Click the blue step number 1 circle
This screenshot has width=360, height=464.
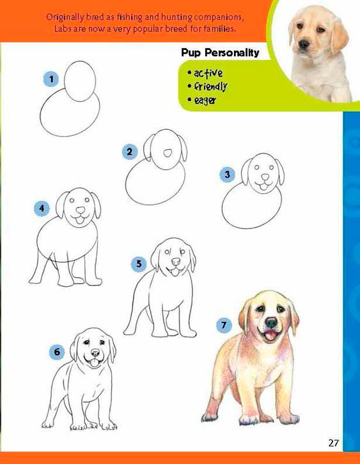pos(51,79)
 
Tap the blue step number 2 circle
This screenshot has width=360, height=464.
pos(130,152)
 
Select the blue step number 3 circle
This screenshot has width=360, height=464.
pos(227,174)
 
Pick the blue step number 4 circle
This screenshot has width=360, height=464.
pos(42,209)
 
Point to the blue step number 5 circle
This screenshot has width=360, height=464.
pos(139,264)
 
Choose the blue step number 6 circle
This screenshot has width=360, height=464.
pos(57,352)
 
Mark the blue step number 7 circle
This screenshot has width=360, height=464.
pos(224,325)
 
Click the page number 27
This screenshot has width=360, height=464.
pos(333,443)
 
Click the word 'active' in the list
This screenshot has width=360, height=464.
pos(208,73)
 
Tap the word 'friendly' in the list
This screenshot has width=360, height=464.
pos(211,86)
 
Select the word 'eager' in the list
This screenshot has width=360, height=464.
pos(205,100)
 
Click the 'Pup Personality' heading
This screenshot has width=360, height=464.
pos(220,52)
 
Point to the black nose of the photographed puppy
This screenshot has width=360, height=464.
pos(304,44)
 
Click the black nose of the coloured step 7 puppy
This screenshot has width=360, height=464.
pos(271,322)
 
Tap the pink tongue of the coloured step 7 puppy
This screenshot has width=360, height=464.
pos(270,336)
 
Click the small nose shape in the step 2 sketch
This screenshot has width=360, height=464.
pos(168,153)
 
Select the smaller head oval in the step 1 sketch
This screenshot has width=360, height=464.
pos(80,81)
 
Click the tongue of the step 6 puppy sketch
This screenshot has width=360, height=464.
pos(94,362)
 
